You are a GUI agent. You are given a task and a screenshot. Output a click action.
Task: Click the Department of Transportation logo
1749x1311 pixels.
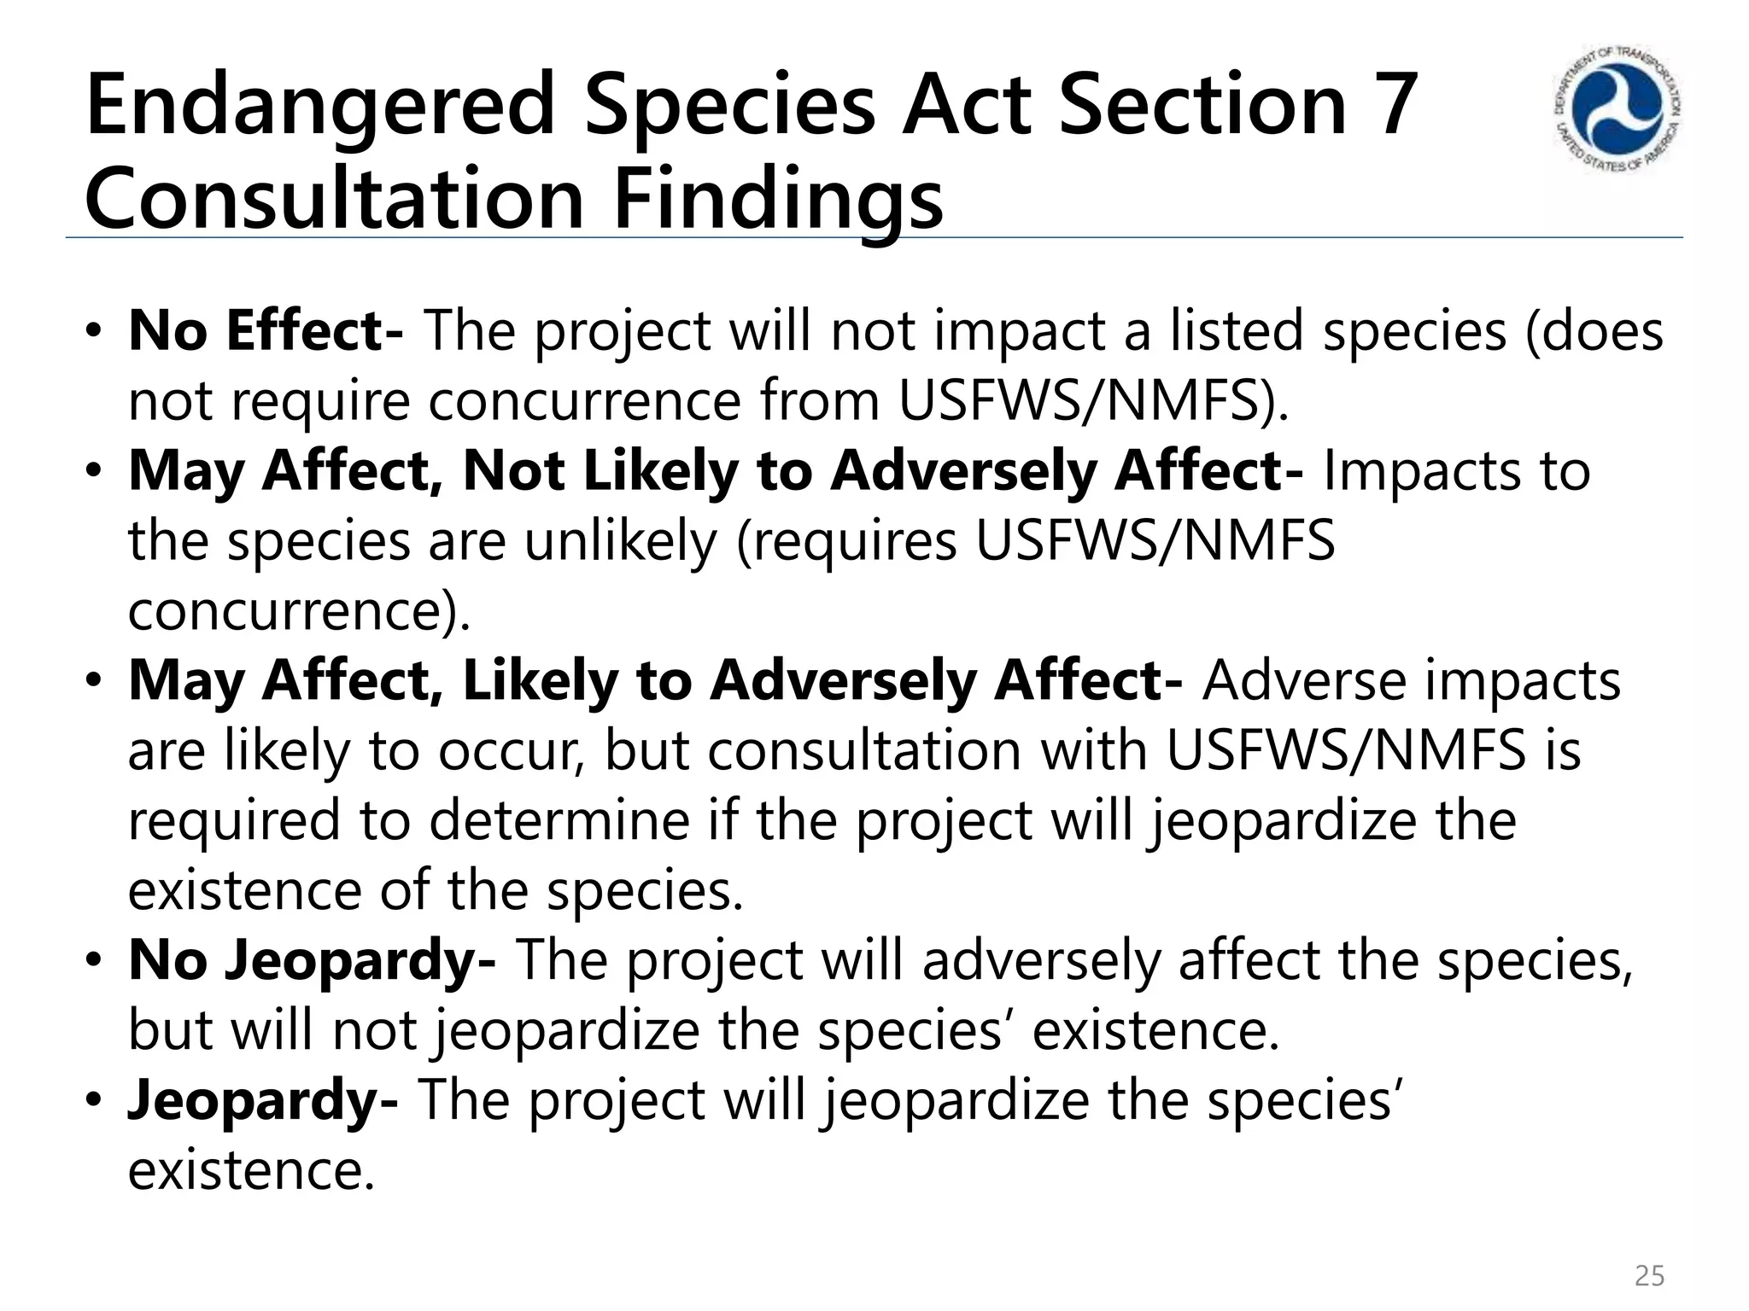coord(1617,110)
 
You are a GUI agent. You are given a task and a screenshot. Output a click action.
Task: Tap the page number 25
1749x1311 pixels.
coord(1649,1276)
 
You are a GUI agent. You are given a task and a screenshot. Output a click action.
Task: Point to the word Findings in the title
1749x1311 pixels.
coord(778,200)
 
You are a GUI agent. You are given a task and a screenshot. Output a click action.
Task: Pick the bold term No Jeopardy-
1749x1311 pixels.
coord(312,959)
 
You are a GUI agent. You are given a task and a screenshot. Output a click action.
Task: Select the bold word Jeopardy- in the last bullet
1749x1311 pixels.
coord(263,1099)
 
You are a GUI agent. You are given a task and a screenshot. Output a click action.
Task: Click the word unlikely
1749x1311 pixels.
coord(620,541)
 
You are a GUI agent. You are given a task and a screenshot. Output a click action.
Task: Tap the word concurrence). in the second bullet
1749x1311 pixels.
coord(299,611)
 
